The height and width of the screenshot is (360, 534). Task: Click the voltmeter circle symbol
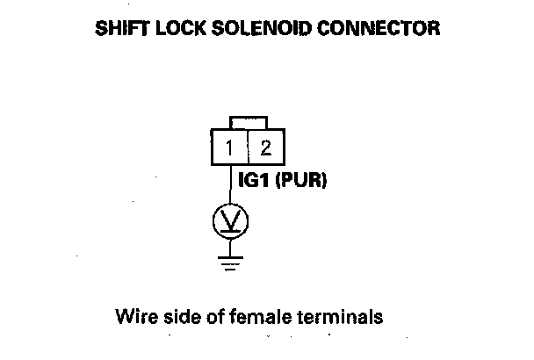[230, 221]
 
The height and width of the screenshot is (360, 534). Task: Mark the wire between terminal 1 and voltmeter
[230, 186]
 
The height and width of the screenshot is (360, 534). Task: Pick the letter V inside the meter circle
[230, 220]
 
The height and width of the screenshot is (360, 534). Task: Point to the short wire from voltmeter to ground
[230, 246]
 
